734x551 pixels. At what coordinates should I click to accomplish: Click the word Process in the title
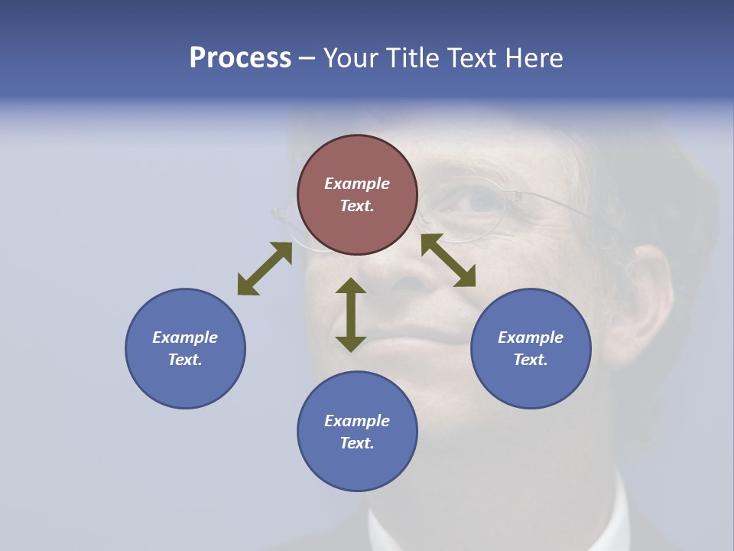[240, 58]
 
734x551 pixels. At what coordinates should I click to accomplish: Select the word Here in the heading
[533, 58]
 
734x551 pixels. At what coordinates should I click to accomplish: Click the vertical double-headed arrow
[351, 315]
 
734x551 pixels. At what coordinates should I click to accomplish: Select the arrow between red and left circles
[265, 269]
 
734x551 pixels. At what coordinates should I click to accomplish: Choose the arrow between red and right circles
[448, 260]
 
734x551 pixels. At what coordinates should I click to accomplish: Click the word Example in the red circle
[357, 184]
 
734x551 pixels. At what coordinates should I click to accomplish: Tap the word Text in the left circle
[185, 360]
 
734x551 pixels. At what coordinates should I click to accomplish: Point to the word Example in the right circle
[531, 337]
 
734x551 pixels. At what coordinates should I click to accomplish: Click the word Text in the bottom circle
[357, 443]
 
